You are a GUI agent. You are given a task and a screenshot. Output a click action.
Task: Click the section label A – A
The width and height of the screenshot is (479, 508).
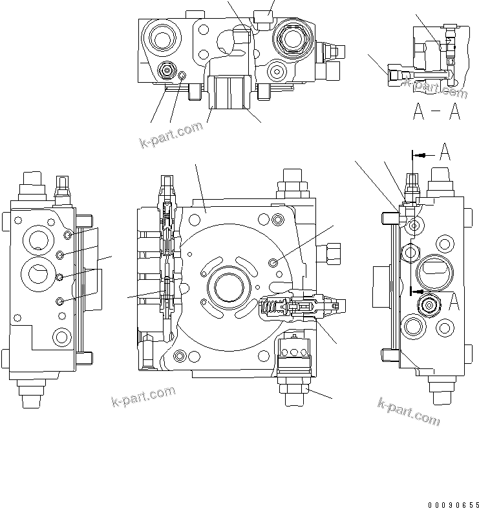click(x=436, y=112)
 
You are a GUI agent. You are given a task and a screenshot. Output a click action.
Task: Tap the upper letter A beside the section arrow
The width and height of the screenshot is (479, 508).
click(x=444, y=154)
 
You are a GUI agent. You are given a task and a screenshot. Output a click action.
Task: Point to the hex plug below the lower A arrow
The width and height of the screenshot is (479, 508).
click(x=429, y=305)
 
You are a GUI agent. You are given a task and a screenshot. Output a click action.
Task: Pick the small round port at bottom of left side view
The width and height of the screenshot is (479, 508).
click(x=61, y=336)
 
